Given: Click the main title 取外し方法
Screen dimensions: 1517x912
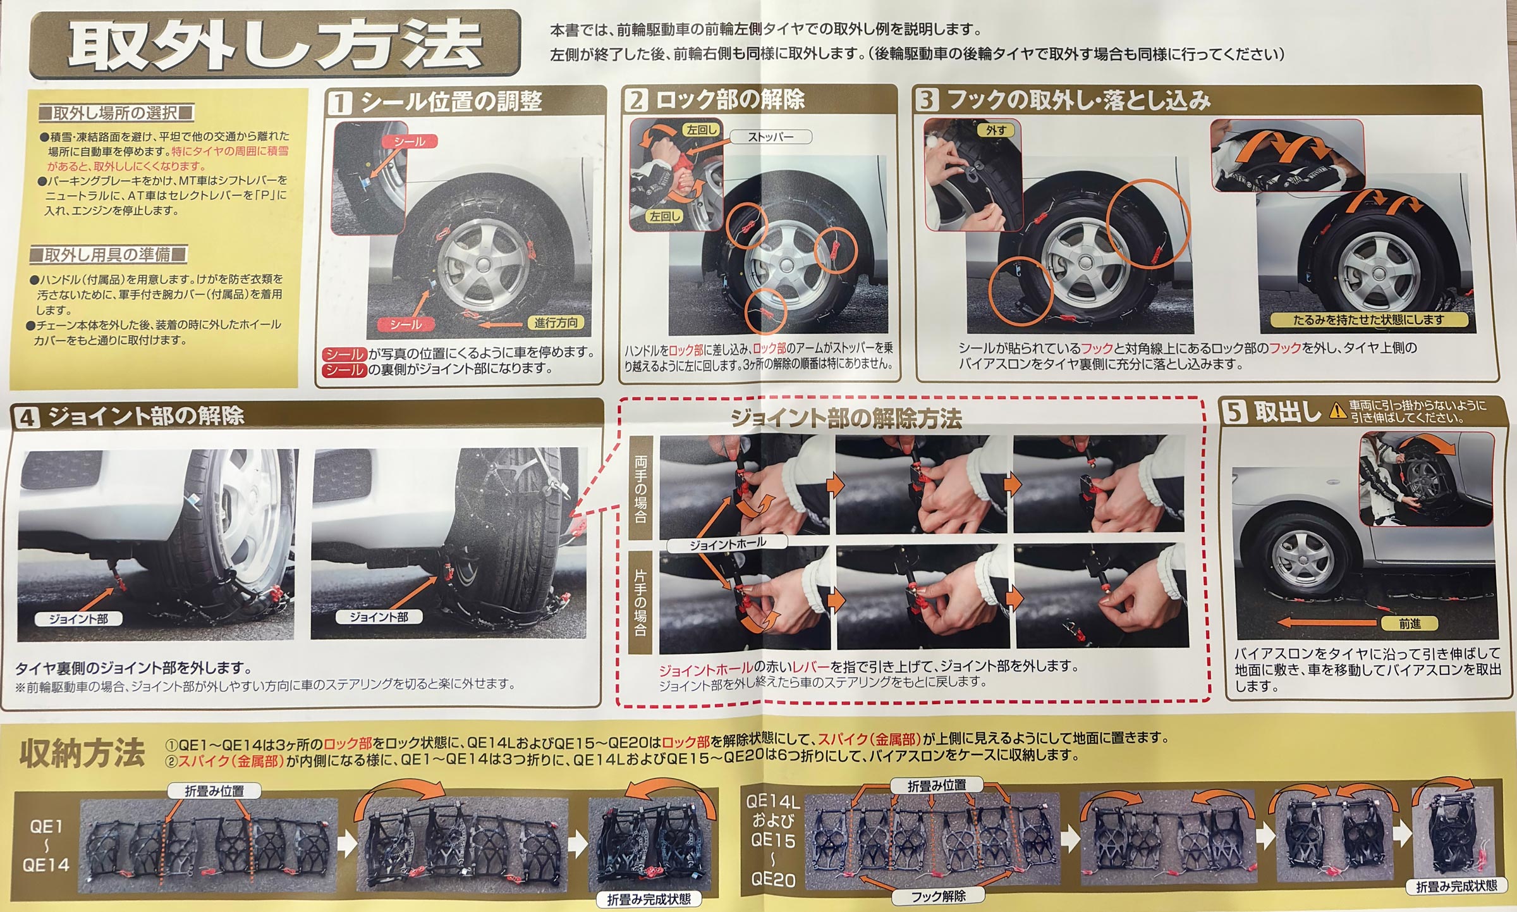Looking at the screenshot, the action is (x=276, y=44).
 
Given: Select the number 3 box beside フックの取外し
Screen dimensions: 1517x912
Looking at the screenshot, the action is (x=927, y=100).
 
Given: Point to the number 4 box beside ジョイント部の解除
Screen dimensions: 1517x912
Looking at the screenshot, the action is (x=27, y=417).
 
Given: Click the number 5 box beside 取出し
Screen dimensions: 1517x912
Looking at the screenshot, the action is (x=1234, y=412).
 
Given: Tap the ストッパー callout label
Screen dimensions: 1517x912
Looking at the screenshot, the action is (x=770, y=137).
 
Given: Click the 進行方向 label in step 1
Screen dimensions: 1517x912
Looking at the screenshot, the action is (x=556, y=323).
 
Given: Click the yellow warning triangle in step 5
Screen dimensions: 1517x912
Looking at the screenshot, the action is (x=1337, y=412).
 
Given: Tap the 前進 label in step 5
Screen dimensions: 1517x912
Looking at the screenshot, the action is (x=1409, y=624).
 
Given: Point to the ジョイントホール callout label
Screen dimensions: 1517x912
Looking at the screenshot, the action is (x=727, y=543).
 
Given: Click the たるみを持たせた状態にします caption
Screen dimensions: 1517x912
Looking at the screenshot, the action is (x=1368, y=320).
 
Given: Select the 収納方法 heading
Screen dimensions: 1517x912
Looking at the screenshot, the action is (x=82, y=753).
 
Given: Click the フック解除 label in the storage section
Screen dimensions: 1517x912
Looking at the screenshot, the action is (x=938, y=896).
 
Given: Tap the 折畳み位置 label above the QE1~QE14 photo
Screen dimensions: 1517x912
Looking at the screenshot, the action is (x=214, y=791).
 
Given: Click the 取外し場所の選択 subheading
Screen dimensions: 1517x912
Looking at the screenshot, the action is (x=115, y=113).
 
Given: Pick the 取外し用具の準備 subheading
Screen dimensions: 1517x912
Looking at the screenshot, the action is (x=108, y=255).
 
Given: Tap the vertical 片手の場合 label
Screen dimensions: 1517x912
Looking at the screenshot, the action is (x=640, y=602).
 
